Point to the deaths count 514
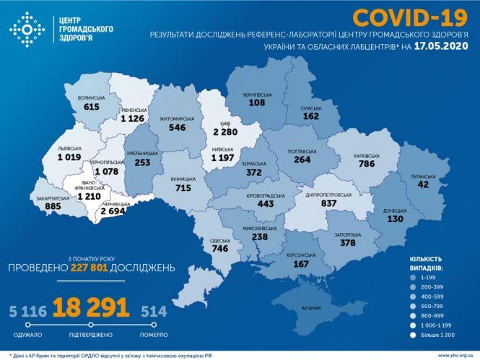click(154, 311)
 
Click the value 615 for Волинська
click(92, 107)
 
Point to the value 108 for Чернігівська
click(257, 103)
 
